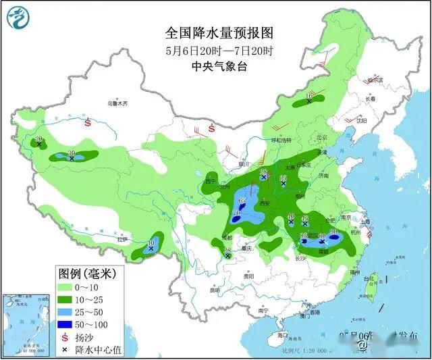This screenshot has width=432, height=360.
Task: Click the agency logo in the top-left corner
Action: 21,20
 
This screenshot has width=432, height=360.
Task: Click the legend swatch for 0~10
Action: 66,288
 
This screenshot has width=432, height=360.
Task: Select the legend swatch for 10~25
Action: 66,300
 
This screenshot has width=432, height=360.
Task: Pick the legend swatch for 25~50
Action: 66,312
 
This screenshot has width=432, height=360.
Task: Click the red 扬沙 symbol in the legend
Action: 65,337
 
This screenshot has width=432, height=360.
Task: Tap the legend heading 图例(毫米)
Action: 88,274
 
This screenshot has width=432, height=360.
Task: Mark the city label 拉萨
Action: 122,240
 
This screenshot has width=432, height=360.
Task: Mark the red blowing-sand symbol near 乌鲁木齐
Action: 88,124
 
